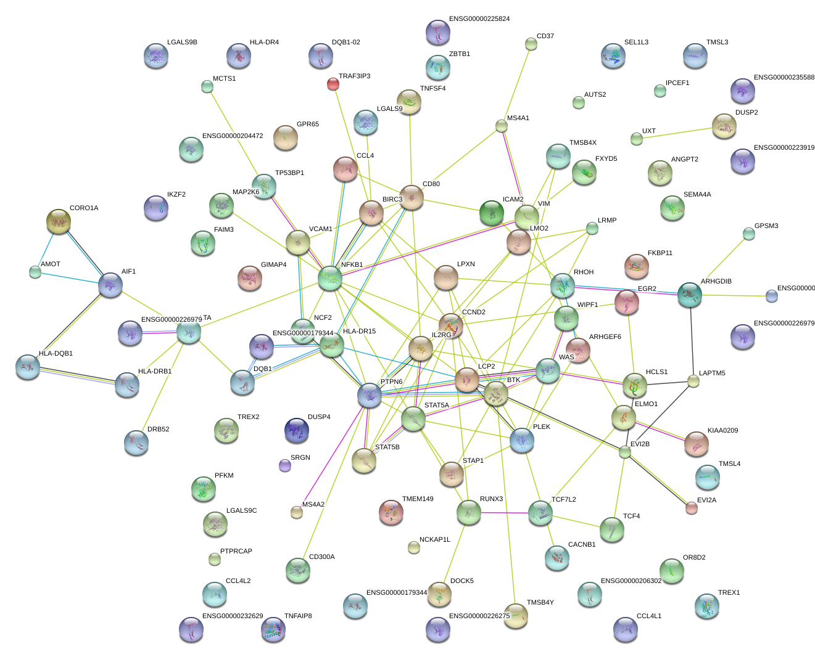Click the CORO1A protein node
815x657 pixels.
tap(59, 221)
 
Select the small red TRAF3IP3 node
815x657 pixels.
tap(333, 84)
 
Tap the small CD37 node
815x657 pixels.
tap(531, 44)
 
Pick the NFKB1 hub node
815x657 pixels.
tap(330, 279)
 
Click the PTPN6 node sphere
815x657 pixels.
tap(370, 395)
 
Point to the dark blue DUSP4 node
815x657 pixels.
tap(297, 430)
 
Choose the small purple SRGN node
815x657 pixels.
tap(284, 465)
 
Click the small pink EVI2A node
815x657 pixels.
tap(692, 508)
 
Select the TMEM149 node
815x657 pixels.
tap(391, 512)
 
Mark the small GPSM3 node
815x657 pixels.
tap(748, 234)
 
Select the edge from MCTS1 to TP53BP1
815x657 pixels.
tap(236, 131)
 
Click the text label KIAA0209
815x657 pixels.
tap(722, 431)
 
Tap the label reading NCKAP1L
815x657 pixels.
tap(435, 540)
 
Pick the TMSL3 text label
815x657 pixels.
tap(717, 43)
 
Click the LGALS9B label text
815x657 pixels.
tap(182, 43)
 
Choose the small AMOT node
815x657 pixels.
tap(35, 272)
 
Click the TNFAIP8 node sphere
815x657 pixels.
tap(273, 629)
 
